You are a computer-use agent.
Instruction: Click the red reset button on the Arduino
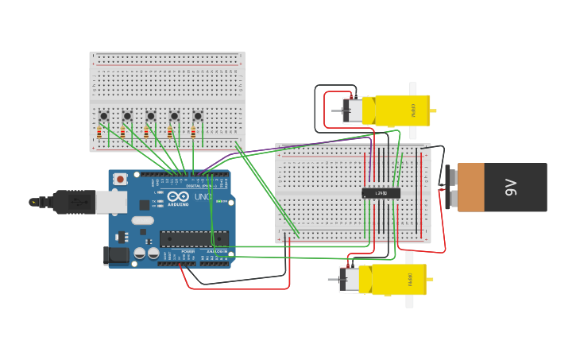120,180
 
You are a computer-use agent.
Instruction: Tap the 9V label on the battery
511,188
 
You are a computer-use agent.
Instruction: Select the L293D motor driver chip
381,192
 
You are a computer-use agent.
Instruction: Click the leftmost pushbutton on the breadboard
103,116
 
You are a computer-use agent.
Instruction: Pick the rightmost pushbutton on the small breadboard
198,116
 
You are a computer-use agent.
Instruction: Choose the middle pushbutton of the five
151,116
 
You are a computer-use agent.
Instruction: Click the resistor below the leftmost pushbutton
99,132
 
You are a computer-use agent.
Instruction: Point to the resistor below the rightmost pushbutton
193,132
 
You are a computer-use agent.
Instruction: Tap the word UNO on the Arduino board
202,196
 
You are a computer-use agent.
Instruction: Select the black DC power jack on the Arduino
116,256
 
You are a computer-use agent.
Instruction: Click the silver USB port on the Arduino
110,202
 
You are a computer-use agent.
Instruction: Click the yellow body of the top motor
402,110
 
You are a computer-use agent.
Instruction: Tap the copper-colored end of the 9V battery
470,188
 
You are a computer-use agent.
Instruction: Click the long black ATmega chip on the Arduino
194,238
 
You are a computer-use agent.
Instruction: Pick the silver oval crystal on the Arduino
142,220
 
